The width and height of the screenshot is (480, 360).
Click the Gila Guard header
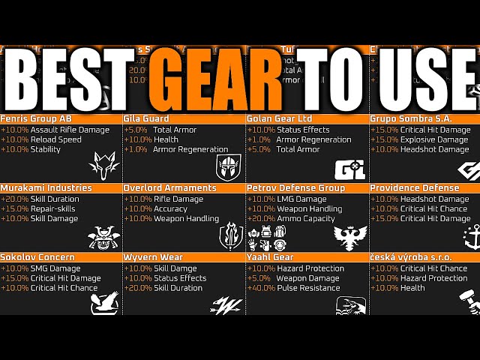[147, 118]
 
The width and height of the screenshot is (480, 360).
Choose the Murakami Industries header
[46, 187]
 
